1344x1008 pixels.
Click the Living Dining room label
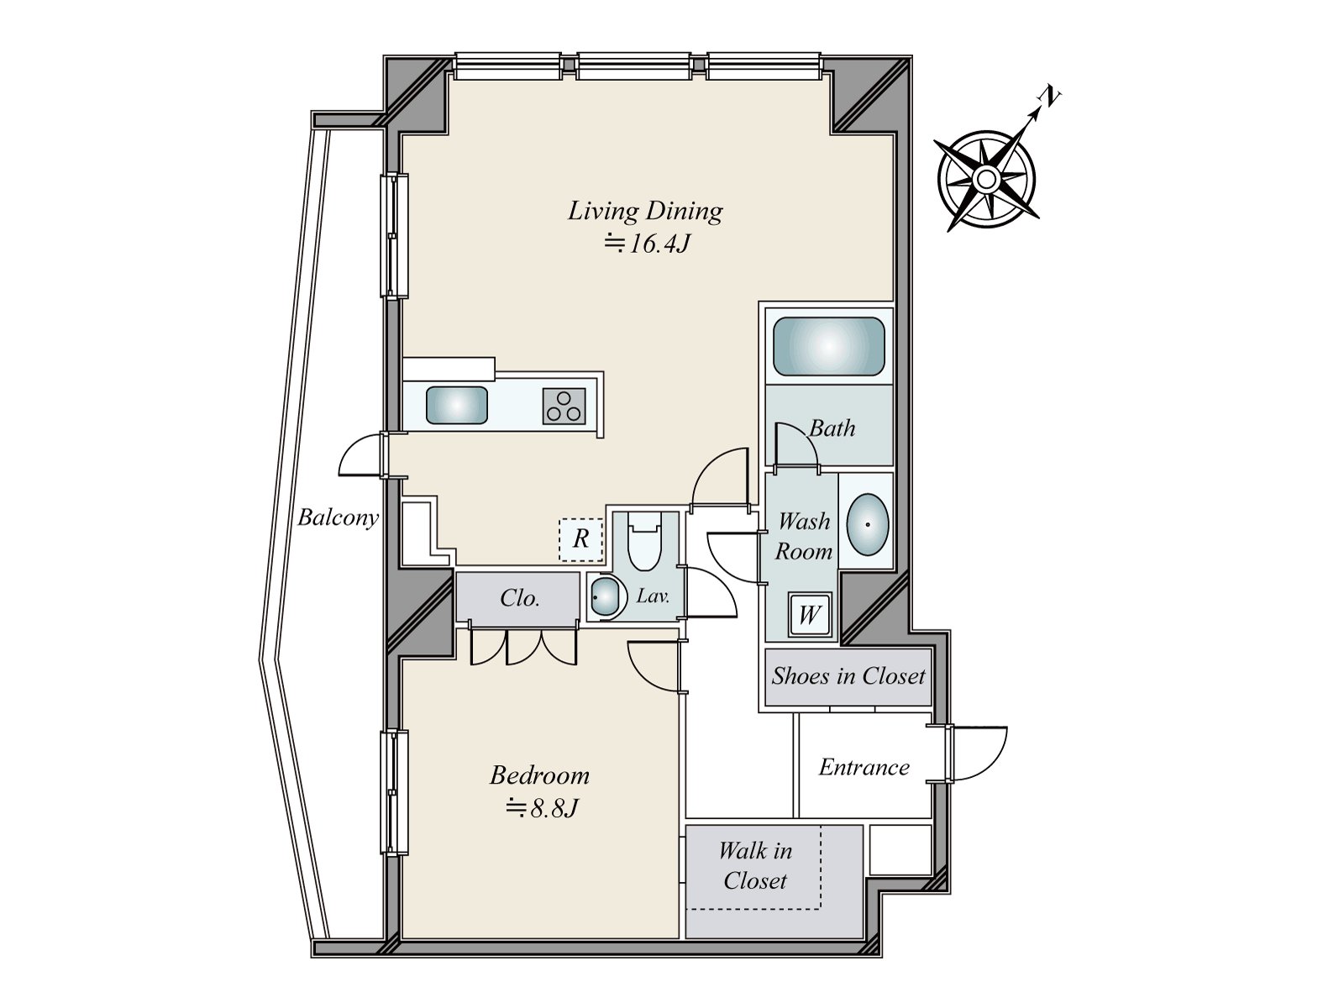pos(645,212)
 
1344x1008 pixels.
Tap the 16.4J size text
pos(647,244)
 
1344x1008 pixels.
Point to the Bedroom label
pos(539,775)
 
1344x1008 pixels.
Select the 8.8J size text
pos(542,808)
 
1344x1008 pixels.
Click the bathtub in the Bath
pos(828,346)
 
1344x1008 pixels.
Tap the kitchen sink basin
pos(457,405)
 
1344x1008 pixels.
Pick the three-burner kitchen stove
pos(564,407)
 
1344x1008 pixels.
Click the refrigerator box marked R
pos(580,539)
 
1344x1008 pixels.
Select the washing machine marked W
pos(810,614)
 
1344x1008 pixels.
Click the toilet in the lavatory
pos(644,542)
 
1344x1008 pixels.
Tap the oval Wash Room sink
pos(868,524)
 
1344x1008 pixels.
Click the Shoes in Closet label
pos(848,675)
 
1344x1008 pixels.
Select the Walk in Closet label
pos(755,865)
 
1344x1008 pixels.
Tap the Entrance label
pos(864,768)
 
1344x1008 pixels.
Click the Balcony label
pos(338,517)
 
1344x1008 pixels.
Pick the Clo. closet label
pos(520,598)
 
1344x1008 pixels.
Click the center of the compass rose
pos(986,179)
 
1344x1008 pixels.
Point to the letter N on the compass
pos(1051,97)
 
